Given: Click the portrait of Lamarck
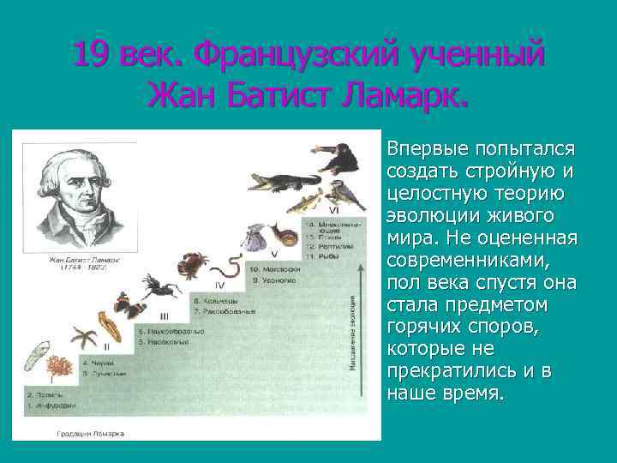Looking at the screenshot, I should (76, 197).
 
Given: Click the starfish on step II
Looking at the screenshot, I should (84, 334).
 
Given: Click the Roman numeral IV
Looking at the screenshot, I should (219, 285).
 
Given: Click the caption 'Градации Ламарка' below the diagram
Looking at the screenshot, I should (90, 434).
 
